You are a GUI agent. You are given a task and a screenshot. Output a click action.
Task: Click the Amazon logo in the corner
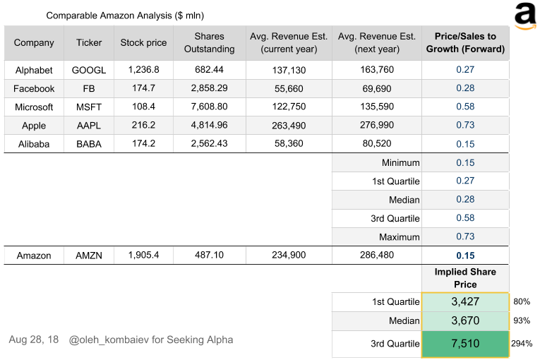[524, 16]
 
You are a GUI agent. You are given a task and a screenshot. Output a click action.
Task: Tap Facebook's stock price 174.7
[143, 89]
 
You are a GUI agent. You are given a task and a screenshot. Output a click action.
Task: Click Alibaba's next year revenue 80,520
[376, 144]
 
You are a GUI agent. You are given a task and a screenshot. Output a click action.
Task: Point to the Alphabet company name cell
[34, 71]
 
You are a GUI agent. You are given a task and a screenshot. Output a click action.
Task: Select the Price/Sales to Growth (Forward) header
[465, 42]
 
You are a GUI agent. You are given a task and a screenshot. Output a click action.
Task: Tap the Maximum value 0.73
[465, 237]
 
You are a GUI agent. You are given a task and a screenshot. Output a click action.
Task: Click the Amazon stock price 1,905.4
[143, 256]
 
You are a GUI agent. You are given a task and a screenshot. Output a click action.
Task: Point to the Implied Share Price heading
[465, 278]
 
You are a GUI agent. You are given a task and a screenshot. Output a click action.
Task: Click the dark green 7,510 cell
[465, 344]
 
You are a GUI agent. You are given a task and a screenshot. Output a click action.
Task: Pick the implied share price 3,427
[465, 302]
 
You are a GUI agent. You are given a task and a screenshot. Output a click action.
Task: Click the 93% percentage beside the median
[521, 322]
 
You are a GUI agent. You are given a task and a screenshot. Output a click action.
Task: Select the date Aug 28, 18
[34, 340]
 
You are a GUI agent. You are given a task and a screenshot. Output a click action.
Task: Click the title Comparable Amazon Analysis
[125, 15]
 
